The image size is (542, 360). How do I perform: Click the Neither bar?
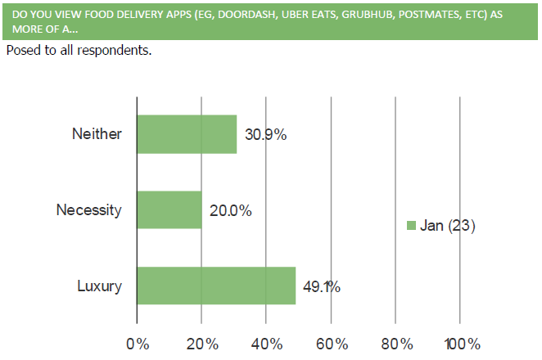tap(187, 134)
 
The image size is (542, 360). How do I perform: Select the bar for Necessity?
tap(169, 209)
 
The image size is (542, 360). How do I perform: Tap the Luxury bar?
tap(216, 286)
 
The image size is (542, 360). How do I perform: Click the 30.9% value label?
tap(264, 135)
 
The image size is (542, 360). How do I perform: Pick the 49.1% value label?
tap(322, 286)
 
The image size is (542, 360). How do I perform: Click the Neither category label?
tap(97, 134)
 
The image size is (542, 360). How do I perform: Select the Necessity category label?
tap(88, 210)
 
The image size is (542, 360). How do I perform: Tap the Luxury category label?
tap(99, 286)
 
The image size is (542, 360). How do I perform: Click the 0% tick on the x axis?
tap(138, 344)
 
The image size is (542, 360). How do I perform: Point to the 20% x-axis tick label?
tap(201, 344)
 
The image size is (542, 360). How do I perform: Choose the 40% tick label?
tap(266, 344)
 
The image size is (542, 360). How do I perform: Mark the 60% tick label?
tap(331, 344)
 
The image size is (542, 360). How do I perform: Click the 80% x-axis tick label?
tap(395, 344)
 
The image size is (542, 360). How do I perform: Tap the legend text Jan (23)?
tap(448, 226)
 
